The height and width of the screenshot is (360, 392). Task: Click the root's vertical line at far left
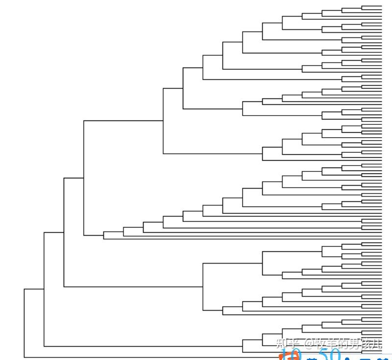24,323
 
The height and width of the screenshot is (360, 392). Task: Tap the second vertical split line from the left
44,289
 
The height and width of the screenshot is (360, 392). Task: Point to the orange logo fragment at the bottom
289,356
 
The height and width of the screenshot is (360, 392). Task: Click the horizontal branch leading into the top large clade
122,120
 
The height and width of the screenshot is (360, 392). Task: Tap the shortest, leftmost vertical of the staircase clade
104,235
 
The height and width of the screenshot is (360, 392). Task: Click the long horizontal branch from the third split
132,287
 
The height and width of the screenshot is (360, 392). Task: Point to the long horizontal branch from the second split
142,346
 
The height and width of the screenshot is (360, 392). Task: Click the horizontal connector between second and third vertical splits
54,232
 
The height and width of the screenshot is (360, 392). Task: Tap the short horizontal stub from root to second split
34,289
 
